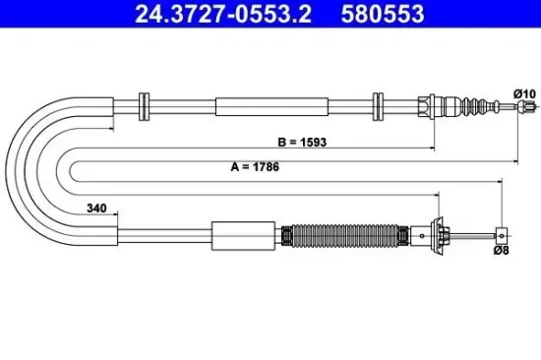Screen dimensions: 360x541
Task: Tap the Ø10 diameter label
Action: coord(524,93)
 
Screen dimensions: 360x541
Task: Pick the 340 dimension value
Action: coord(96,209)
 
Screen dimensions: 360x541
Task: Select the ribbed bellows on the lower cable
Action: coord(344,236)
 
